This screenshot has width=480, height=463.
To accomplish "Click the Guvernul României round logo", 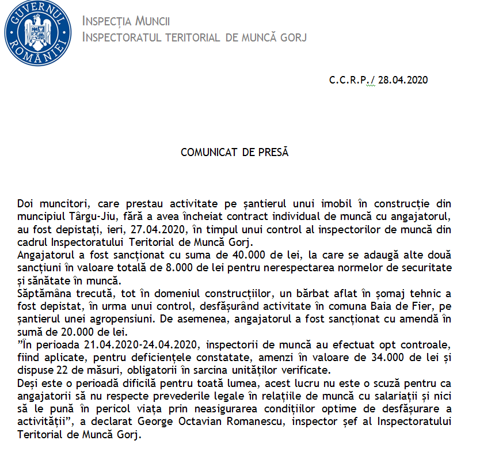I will point(38,29).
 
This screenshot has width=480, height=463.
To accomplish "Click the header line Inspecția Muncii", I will point(126,22).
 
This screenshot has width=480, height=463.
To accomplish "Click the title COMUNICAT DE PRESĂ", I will point(234,153).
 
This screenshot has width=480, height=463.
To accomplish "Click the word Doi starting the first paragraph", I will point(25,204).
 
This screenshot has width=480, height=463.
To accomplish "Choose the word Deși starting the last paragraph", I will point(27,383).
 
